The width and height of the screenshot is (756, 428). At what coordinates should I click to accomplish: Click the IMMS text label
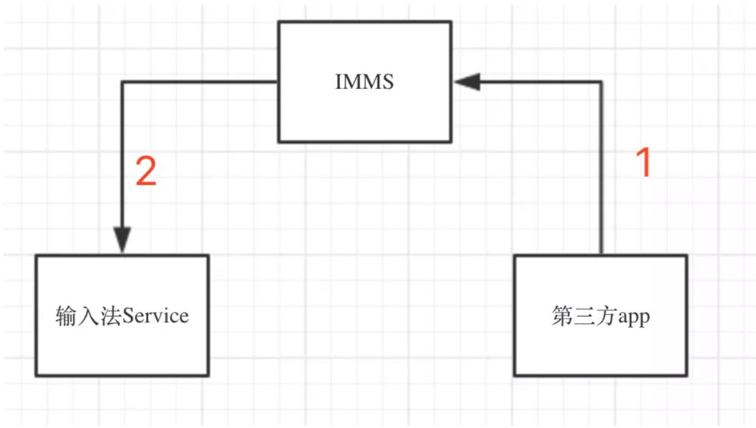pos(365,82)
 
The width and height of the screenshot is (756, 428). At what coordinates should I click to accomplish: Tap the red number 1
pos(644,162)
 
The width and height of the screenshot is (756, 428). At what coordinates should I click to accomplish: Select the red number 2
pos(146,171)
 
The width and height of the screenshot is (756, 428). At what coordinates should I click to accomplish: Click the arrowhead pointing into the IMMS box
pos(468,82)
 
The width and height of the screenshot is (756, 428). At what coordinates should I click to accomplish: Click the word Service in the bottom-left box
pos(155,316)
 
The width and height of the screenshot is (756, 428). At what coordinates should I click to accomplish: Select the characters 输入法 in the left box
pos(88,316)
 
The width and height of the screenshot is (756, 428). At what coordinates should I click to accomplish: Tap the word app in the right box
pos(634,318)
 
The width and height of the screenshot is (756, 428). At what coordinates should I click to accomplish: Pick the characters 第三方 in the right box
pos(585,316)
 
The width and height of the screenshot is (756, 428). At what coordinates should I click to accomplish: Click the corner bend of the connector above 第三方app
pos(601,82)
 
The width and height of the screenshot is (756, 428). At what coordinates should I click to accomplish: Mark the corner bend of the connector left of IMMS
pos(122,82)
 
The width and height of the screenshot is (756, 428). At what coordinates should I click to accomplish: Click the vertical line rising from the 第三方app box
pos(601,168)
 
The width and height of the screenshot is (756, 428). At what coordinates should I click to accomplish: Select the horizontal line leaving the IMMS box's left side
pos(200,82)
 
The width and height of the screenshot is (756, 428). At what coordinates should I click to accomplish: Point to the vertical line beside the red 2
pos(122,156)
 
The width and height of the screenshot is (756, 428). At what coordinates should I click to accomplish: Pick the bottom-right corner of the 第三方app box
pos(687,375)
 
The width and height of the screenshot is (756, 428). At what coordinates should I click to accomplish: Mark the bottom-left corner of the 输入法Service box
pos(36,375)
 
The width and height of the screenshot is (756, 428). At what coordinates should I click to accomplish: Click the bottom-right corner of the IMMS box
pos(451,142)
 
